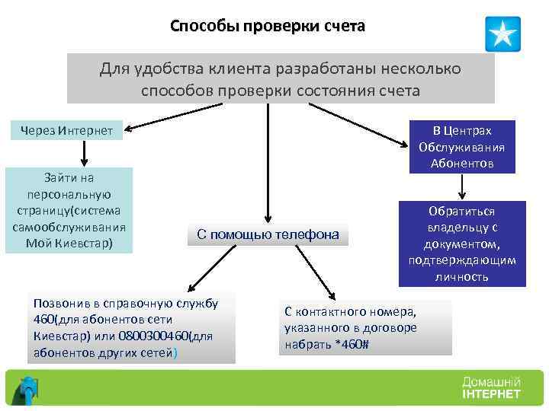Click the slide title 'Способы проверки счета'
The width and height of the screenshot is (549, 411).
pyautogui.click(x=268, y=27)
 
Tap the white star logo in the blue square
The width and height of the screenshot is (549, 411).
pyautogui.click(x=502, y=34)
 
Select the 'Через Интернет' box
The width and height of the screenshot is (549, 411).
pyautogui.click(x=67, y=132)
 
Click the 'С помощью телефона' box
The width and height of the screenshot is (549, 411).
pyautogui.click(x=268, y=234)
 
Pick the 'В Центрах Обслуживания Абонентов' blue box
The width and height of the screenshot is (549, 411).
pyautogui.click(x=462, y=146)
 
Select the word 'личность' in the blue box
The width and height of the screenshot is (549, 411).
pyautogui.click(x=463, y=276)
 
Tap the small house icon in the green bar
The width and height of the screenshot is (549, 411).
pyautogui.click(x=28, y=389)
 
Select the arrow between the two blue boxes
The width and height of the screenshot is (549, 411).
pyautogui.click(x=461, y=187)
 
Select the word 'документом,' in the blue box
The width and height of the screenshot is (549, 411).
pyautogui.click(x=462, y=244)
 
